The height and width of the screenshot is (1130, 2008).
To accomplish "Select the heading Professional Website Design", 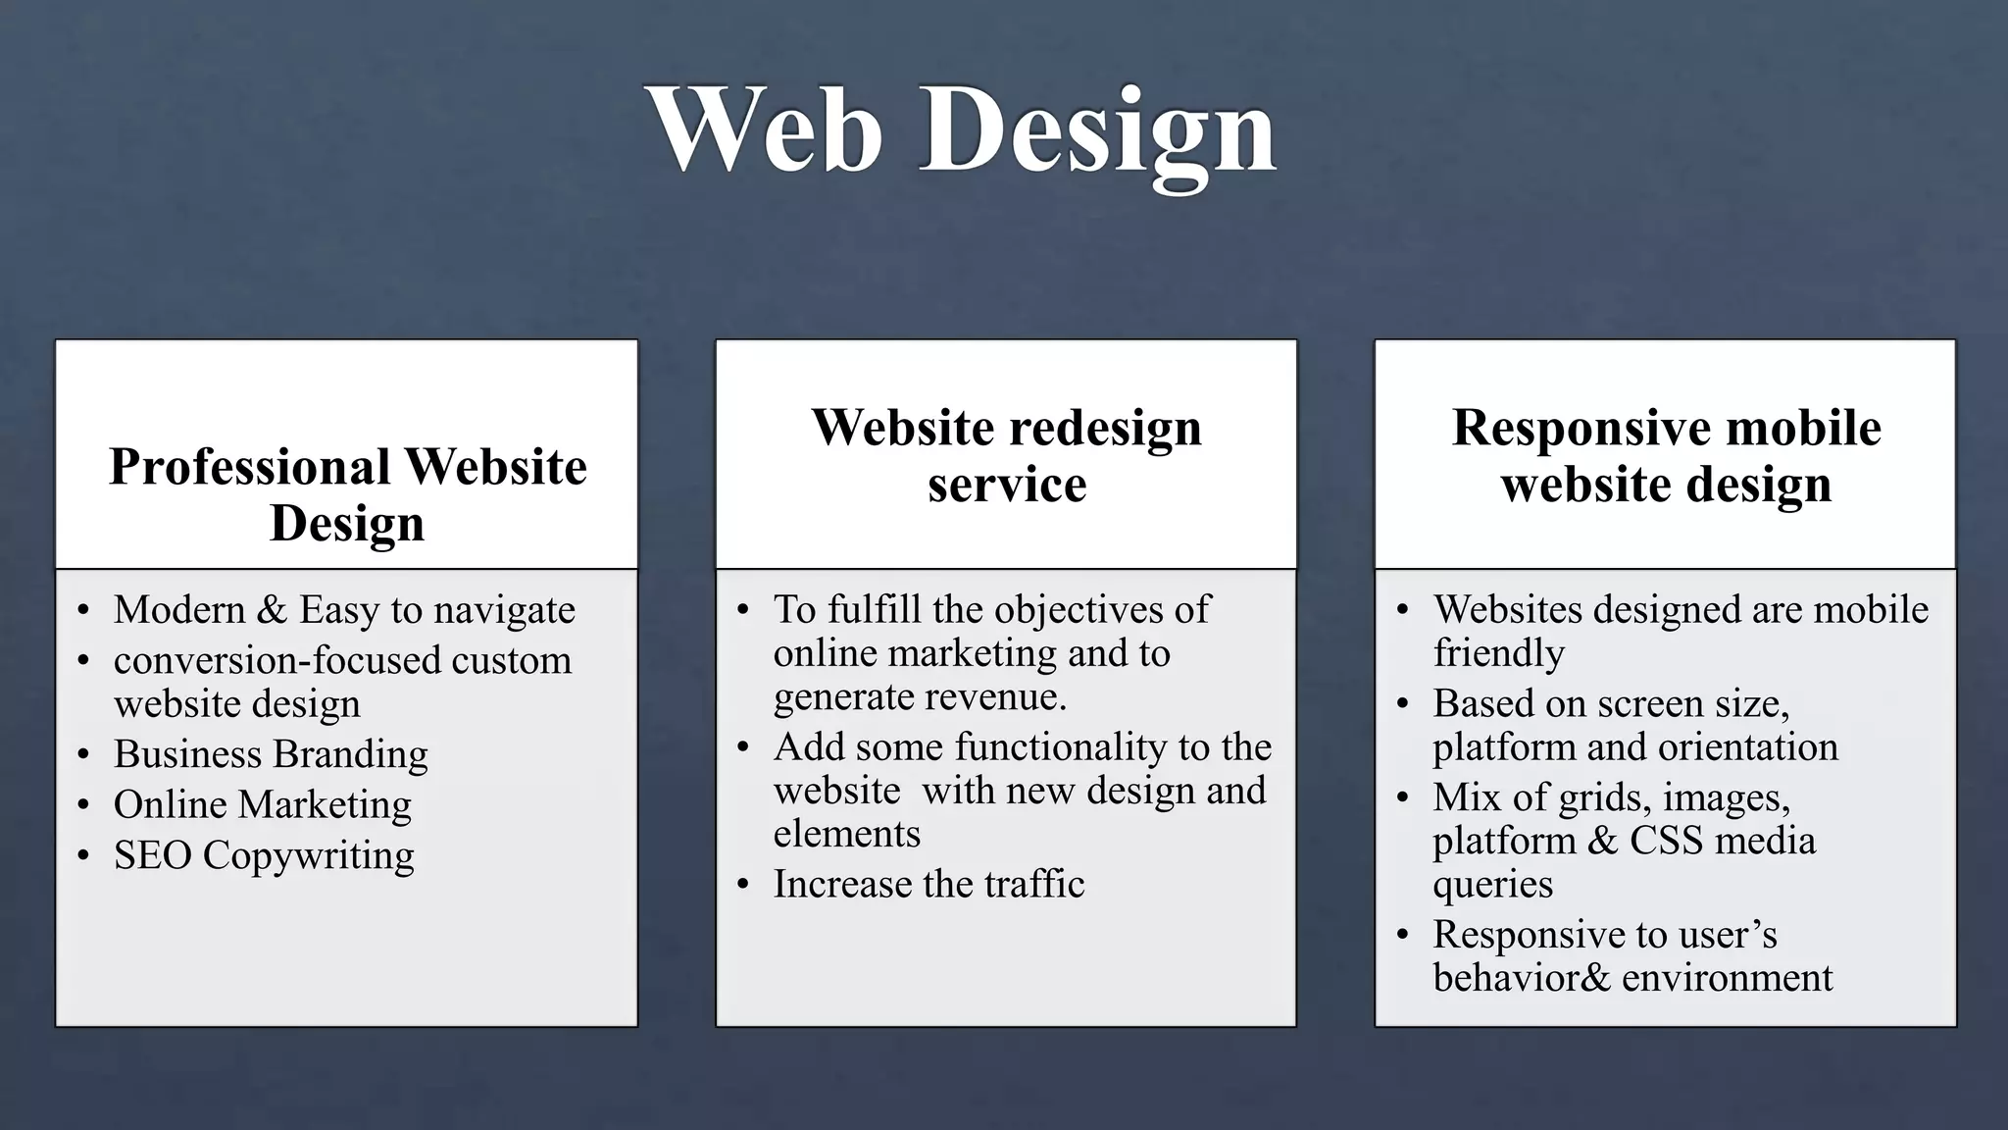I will pyautogui.click(x=347, y=493).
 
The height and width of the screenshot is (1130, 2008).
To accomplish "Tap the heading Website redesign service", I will pyautogui.click(x=1006, y=454).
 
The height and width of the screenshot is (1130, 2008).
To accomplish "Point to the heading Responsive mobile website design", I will pyautogui.click(x=1666, y=454).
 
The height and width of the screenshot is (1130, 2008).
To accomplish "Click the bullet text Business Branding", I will pyautogui.click(x=271, y=754).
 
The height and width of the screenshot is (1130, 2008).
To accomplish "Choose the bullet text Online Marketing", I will pyautogui.click(x=263, y=804).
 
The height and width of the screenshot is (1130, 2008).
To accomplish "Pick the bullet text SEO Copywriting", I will pyautogui.click(x=264, y=855).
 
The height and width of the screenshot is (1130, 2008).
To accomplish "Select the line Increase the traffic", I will pyautogui.click(x=929, y=884).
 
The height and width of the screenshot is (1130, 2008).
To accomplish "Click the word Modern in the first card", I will pyautogui.click(x=179, y=610).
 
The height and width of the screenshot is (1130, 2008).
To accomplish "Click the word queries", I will pyautogui.click(x=1492, y=885).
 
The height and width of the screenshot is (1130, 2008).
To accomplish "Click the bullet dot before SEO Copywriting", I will pyautogui.click(x=84, y=856).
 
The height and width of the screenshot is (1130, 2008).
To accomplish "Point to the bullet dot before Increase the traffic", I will pyautogui.click(x=743, y=885).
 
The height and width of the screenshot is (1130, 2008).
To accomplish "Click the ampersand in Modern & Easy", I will pyautogui.click(x=272, y=610).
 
